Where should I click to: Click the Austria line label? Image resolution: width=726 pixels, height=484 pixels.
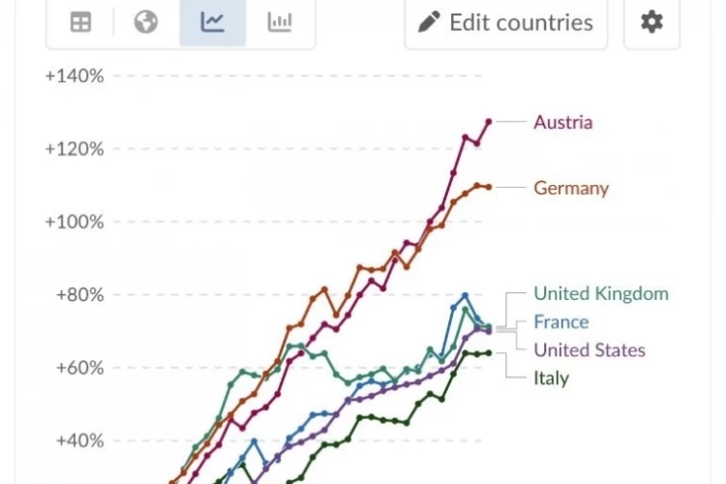(563, 122)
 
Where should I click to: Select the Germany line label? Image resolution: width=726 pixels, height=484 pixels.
(571, 189)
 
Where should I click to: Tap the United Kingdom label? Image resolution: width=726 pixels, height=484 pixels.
(601, 293)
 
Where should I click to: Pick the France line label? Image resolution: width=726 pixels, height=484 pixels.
(561, 322)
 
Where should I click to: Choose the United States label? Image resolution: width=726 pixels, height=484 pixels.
(590, 350)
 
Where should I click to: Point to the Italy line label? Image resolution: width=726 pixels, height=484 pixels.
(551, 378)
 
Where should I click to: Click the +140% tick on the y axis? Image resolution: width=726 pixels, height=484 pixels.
(75, 76)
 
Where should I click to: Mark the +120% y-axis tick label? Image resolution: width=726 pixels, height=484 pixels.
(75, 149)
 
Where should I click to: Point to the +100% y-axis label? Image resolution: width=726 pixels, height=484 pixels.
(75, 222)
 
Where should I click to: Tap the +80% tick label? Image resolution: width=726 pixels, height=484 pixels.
(79, 294)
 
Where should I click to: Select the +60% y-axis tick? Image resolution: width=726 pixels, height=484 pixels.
(79, 368)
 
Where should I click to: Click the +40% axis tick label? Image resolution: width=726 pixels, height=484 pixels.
(79, 440)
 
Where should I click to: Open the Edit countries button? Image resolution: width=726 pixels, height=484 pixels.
(506, 22)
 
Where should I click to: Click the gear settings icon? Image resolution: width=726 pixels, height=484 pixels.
(651, 21)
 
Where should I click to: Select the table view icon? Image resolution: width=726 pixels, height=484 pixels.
(80, 22)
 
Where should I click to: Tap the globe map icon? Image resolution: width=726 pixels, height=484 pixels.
(146, 21)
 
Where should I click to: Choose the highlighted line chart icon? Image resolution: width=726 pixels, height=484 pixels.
(213, 21)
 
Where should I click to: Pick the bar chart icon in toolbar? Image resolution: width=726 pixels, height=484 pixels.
(280, 21)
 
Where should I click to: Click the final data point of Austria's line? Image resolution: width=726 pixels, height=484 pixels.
(489, 122)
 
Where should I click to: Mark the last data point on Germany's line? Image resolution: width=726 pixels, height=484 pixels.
(489, 187)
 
